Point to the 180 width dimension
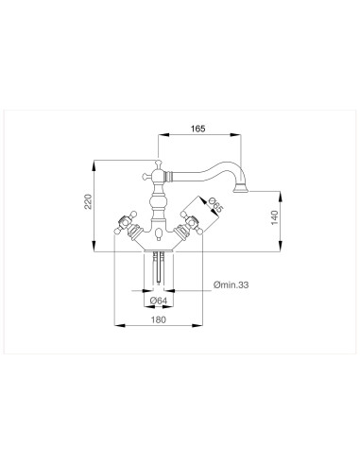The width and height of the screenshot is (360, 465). pyautogui.click(x=158, y=320)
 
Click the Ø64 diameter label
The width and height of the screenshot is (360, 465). pyautogui.click(x=157, y=301)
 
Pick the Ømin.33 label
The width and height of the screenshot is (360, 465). pyautogui.click(x=231, y=284)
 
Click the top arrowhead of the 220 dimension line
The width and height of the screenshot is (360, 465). pyautogui.click(x=94, y=160)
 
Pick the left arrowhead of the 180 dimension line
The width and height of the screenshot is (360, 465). pyautogui.click(x=115, y=328)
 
